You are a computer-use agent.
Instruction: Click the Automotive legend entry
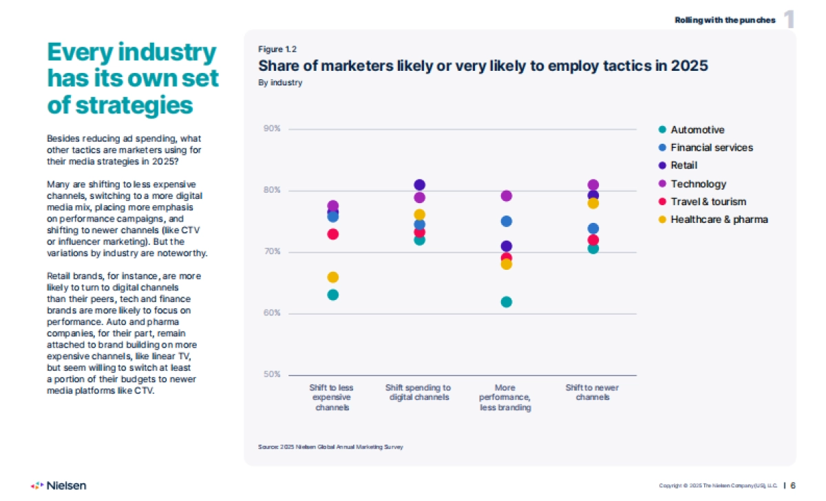click(697, 130)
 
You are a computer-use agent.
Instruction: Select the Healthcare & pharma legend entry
click(719, 220)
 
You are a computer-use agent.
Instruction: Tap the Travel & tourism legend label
click(708, 202)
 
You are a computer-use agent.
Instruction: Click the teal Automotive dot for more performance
click(507, 302)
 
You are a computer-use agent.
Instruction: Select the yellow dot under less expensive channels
click(333, 277)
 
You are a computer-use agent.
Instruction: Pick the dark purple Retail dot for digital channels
click(420, 184)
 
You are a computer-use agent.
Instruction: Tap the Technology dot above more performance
click(507, 196)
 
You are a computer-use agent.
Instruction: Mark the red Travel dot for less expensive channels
click(333, 234)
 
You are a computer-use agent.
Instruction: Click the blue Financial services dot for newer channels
click(593, 228)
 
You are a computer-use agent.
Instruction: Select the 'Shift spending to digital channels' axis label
click(419, 392)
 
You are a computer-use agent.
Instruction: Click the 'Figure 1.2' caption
click(277, 49)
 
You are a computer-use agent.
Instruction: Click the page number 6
click(793, 485)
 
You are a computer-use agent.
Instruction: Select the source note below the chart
click(330, 447)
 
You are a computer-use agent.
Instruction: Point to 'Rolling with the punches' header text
click(724, 20)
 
